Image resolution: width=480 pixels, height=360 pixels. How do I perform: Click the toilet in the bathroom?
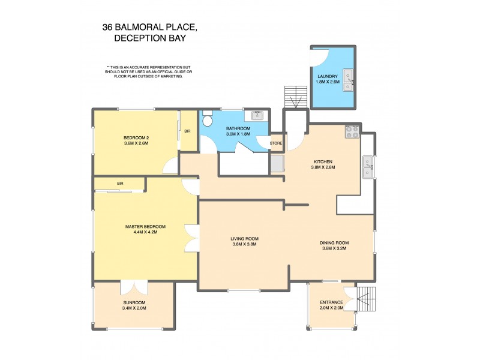pos(207,119)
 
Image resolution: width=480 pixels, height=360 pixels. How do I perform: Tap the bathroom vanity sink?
pos(257,116)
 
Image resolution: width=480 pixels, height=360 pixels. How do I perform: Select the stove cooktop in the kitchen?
pos(352,131)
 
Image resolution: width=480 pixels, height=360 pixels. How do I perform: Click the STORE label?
pos(275,143)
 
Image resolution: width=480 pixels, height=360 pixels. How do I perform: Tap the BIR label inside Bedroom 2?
pos(187,131)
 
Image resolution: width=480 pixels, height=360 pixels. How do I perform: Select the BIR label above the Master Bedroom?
pos(120,183)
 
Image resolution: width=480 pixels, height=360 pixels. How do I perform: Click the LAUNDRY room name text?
pos(328,76)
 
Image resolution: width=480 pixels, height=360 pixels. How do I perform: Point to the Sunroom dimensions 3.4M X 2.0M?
pos(134,308)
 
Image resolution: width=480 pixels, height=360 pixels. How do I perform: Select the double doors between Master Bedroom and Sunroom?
pos(130,287)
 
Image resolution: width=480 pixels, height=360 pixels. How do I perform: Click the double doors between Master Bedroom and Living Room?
pos(191,238)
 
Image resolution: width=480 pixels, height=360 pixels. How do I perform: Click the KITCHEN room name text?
pos(323,162)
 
